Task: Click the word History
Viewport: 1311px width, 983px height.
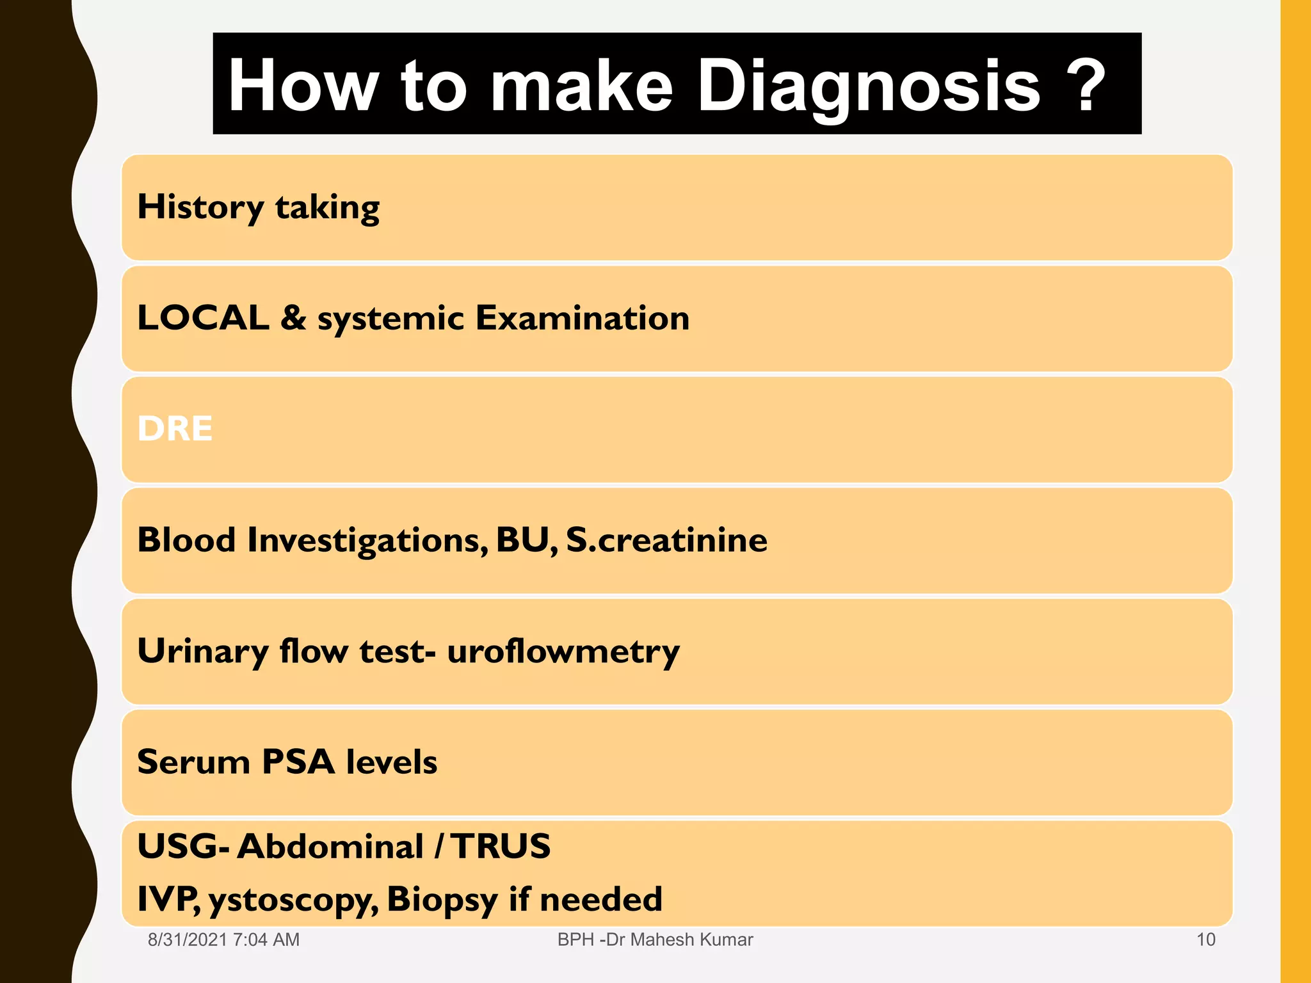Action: pyautogui.click(x=200, y=207)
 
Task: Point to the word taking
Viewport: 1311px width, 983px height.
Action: pyautogui.click(x=327, y=207)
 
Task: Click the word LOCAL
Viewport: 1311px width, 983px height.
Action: pyautogui.click(x=203, y=317)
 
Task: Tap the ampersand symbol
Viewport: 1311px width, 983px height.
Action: pyautogui.click(x=293, y=317)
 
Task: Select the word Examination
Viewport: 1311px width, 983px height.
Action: pyautogui.click(x=582, y=317)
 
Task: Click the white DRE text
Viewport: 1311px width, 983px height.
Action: pyautogui.click(x=175, y=428)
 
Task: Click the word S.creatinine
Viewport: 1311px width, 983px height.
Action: pyautogui.click(x=666, y=539)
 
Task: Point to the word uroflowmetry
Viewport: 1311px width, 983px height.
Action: pyautogui.click(x=563, y=651)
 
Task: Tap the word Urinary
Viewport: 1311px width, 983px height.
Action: pyautogui.click(x=203, y=651)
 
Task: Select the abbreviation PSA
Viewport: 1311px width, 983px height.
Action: pyautogui.click(x=298, y=762)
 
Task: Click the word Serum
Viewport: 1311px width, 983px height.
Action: pyautogui.click(x=193, y=762)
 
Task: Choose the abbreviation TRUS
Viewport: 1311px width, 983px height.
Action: pyautogui.click(x=501, y=846)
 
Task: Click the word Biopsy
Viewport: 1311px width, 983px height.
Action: pyautogui.click(x=442, y=899)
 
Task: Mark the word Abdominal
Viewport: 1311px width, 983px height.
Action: pyautogui.click(x=330, y=846)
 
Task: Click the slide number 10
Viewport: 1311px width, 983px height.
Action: pyautogui.click(x=1205, y=939)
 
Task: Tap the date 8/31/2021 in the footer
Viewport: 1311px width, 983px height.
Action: pyautogui.click(x=188, y=939)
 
